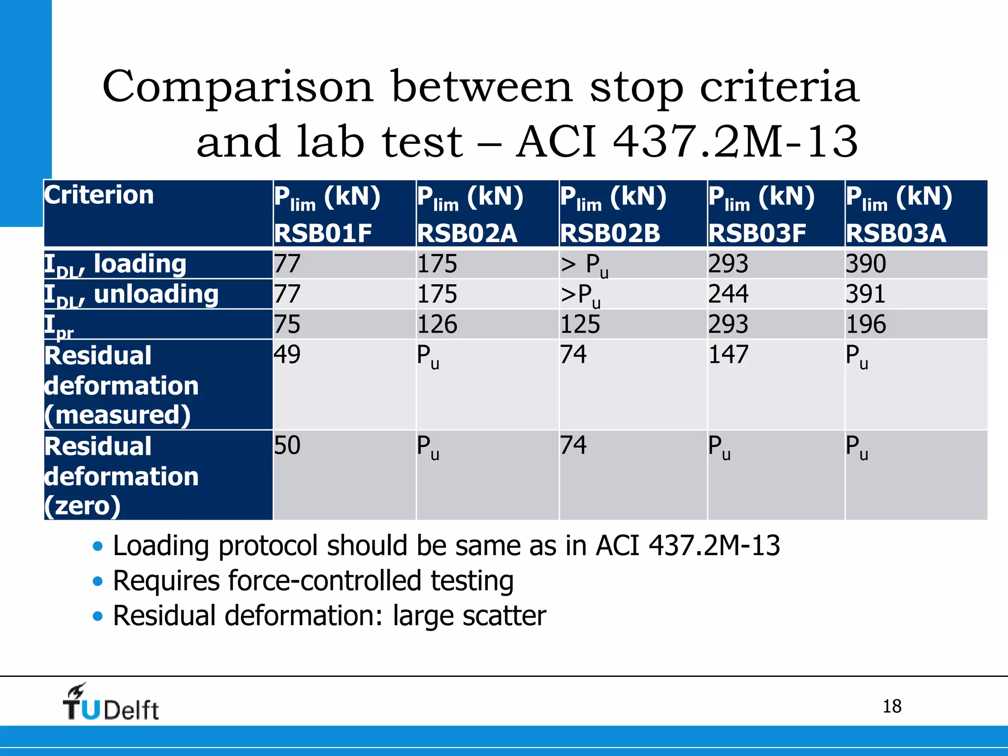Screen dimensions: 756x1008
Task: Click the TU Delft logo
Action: pyautogui.click(x=111, y=703)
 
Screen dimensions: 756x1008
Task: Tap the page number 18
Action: pyautogui.click(x=891, y=706)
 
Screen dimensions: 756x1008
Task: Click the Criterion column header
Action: pyautogui.click(x=99, y=195)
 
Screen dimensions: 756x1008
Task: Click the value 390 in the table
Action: pyautogui.click(x=866, y=264)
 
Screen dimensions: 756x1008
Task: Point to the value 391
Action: pyautogui.click(x=865, y=294)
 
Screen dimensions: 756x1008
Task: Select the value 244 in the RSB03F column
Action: pyautogui.click(x=728, y=294)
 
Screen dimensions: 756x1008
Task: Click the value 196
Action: pyautogui.click(x=866, y=324)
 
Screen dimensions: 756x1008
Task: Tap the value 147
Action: pyautogui.click(x=728, y=354)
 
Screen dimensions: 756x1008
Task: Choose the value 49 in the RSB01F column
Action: pyautogui.click(x=287, y=354)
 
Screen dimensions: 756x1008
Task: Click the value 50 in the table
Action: pyautogui.click(x=287, y=445)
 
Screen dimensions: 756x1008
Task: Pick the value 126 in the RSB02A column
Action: pyautogui.click(x=437, y=324)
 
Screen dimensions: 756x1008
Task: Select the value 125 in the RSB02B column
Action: pyautogui.click(x=580, y=324)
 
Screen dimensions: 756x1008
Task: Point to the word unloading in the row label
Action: pyautogui.click(x=156, y=294)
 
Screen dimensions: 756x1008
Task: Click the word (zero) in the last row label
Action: pyautogui.click(x=82, y=505)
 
